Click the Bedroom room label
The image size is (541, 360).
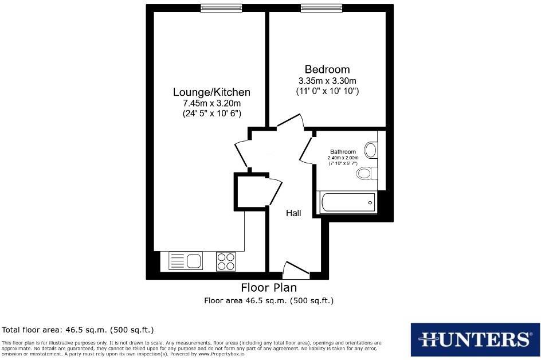(x=327, y=69)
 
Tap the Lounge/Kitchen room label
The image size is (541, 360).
(x=211, y=92)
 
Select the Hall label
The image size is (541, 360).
(x=293, y=213)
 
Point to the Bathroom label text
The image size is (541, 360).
(x=343, y=152)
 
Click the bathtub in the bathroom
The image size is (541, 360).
(x=347, y=202)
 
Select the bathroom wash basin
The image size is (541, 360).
(x=371, y=151)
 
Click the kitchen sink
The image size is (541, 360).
(x=186, y=261)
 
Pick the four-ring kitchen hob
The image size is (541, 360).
(x=226, y=261)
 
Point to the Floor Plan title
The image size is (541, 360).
(x=269, y=288)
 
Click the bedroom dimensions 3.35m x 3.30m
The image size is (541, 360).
(x=327, y=81)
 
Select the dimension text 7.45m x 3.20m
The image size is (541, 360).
(x=211, y=103)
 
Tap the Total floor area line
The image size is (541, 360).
(x=78, y=330)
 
